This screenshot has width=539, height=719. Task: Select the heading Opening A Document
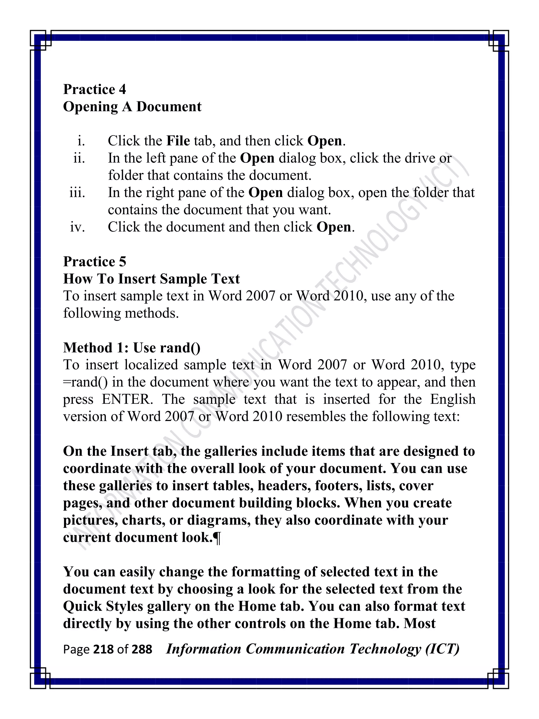tap(132, 107)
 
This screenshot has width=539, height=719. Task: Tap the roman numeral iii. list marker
tap(77, 192)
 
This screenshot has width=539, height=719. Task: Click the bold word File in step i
tap(178, 141)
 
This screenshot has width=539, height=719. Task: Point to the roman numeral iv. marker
tap(77, 227)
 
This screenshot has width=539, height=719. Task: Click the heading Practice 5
tap(94, 262)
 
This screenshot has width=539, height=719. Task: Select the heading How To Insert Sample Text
tap(151, 279)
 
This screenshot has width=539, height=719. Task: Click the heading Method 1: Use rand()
tap(132, 348)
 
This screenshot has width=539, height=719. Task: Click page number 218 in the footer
tap(103, 649)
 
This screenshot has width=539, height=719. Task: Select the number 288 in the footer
tap(142, 649)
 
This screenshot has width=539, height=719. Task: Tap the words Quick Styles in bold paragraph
tap(103, 607)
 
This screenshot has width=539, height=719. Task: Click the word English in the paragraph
tap(453, 399)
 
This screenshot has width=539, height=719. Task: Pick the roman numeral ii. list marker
tap(79, 158)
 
